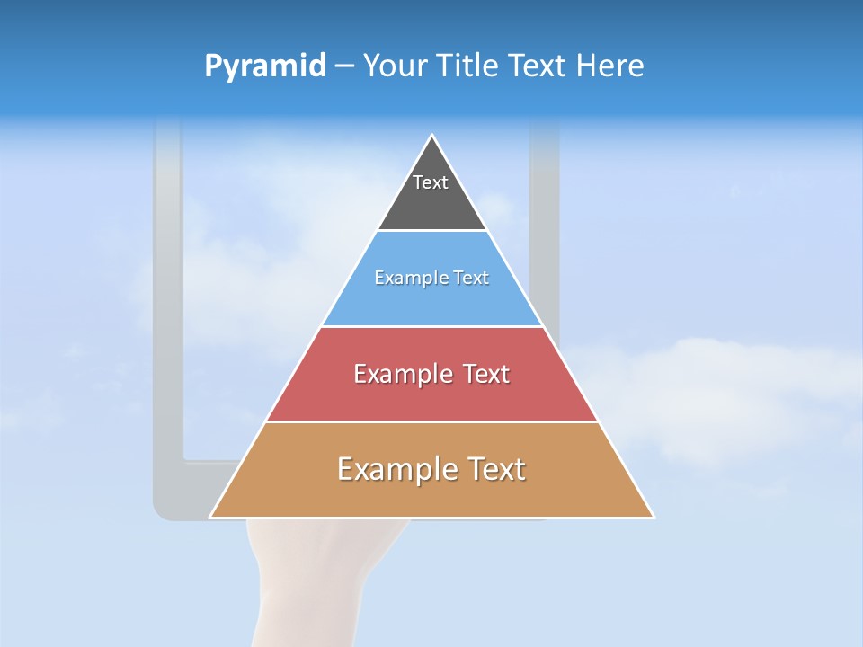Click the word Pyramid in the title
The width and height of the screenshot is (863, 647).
tap(264, 66)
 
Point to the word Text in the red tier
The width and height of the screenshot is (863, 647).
tap(485, 374)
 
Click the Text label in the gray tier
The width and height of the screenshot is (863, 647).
tap(431, 182)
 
